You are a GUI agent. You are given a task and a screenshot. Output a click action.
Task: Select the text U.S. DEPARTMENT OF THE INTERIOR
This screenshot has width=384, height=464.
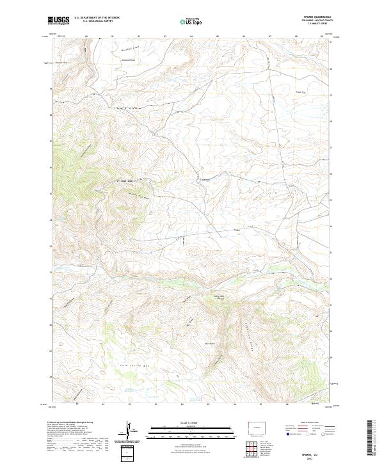tap(97, 18)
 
